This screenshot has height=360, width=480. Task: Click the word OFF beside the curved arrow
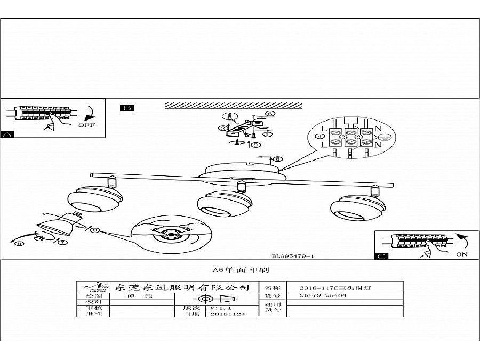pyautogui.click(x=86, y=125)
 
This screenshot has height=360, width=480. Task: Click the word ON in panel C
pyautogui.click(x=461, y=254)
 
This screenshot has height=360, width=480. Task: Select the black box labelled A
pyautogui.click(x=7, y=134)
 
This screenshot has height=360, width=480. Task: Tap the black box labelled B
pyautogui.click(x=127, y=108)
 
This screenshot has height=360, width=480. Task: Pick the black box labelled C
pyautogui.click(x=382, y=257)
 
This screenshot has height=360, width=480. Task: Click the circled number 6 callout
pyautogui.click(x=270, y=114)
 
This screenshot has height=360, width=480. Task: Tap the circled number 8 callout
pyautogui.click(x=94, y=230)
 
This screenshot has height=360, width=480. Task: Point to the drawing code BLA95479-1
pyautogui.click(x=292, y=256)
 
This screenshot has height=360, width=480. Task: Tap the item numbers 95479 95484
pyautogui.click(x=319, y=295)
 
